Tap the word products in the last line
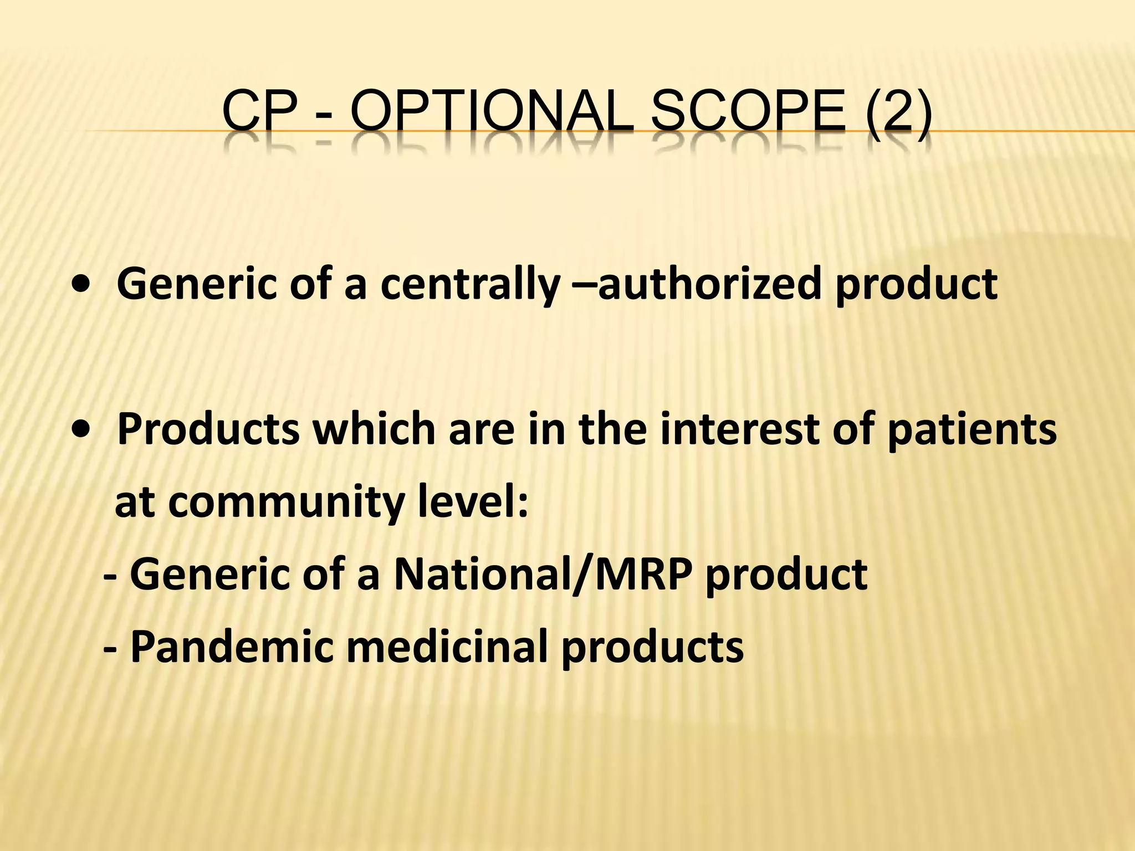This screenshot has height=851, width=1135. [x=652, y=647]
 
